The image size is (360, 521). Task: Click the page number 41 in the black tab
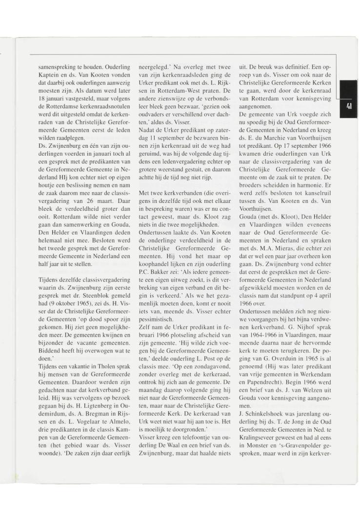pos(349,106)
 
